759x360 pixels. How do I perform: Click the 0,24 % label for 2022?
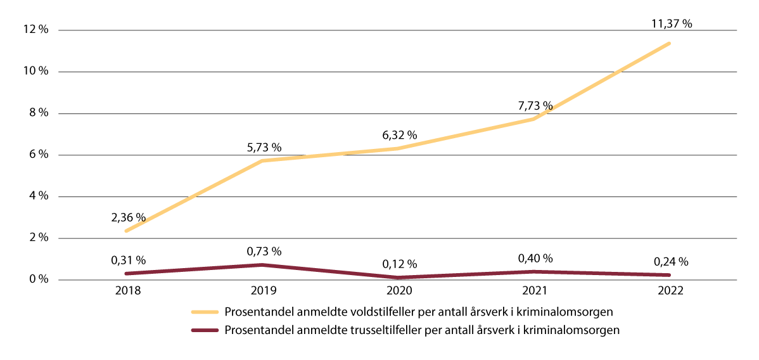670,261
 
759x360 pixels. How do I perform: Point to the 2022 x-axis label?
670,292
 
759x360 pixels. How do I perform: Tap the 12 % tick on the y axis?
36,30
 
